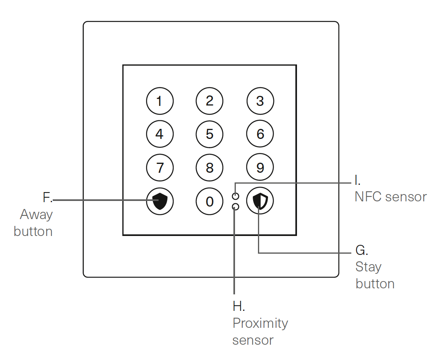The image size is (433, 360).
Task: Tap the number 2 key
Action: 210,101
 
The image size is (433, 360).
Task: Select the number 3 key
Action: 260,101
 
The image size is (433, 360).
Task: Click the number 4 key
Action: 160,134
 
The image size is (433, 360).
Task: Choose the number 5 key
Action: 210,134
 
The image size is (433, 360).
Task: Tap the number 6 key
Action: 260,134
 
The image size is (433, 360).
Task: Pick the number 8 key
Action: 210,167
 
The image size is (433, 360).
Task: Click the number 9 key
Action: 260,167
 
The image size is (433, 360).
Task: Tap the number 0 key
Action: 210,201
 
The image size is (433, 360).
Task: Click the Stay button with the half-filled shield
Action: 260,201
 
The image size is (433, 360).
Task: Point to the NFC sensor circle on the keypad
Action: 236,196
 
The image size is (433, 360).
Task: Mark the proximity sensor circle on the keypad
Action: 236,207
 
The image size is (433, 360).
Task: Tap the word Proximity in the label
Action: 260,323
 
